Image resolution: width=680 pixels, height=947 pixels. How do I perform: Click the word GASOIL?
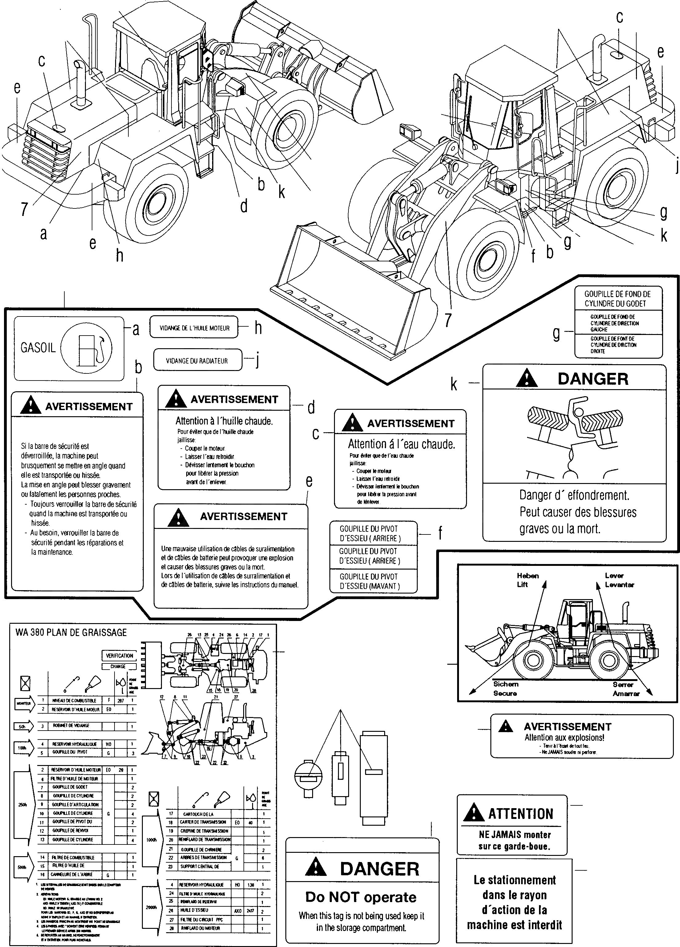pyautogui.click(x=38, y=348)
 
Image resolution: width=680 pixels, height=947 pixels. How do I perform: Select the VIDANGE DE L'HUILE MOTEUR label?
pyautogui.click(x=195, y=328)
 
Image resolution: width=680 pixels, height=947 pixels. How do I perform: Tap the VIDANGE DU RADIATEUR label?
pyautogui.click(x=197, y=361)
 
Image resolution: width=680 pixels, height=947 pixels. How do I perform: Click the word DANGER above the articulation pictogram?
pyautogui.click(x=593, y=379)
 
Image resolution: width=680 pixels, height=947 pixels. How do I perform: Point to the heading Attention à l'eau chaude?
pyautogui.click(x=401, y=444)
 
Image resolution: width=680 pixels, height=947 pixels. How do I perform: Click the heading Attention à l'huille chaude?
pyautogui.click(x=224, y=421)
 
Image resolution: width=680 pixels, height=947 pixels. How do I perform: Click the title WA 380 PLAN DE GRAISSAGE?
pyautogui.click(x=71, y=633)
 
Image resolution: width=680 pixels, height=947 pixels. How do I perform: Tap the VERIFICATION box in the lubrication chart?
pyautogui.click(x=119, y=655)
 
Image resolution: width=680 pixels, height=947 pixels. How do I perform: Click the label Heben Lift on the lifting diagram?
pyautogui.click(x=528, y=580)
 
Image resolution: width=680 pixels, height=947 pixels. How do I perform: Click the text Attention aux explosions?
pyautogui.click(x=564, y=738)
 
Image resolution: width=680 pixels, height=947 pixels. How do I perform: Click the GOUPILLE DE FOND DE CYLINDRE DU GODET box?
pyautogui.click(x=618, y=299)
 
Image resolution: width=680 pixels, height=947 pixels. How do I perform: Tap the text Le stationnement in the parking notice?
pyautogui.click(x=514, y=880)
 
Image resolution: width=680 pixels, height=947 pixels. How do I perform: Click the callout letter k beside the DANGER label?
pyautogui.click(x=454, y=383)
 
